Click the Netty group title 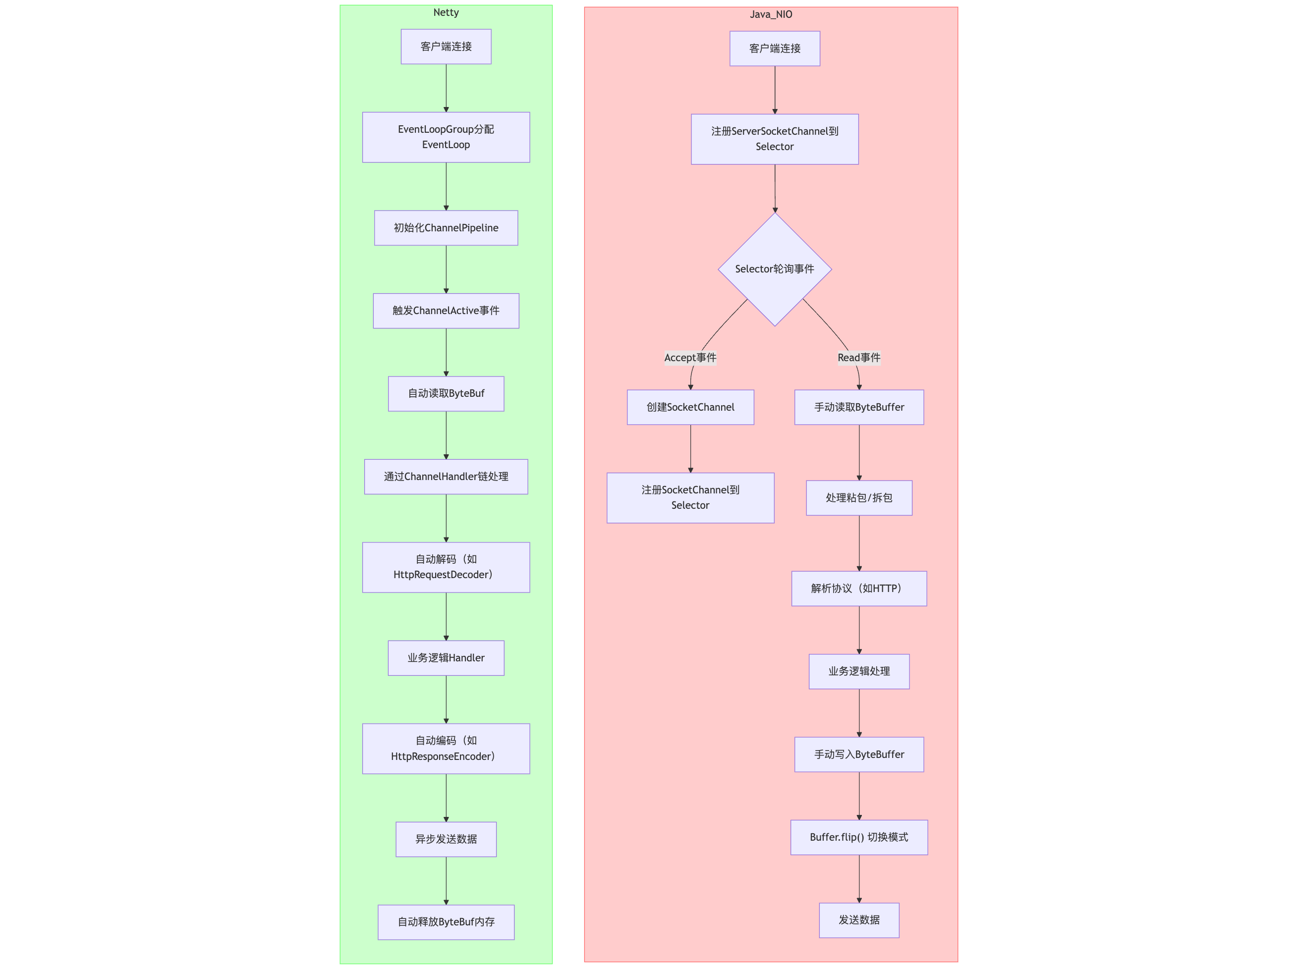(446, 12)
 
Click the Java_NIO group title (771, 14)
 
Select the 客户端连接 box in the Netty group (446, 47)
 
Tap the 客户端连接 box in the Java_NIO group (774, 48)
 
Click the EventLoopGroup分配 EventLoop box (446, 137)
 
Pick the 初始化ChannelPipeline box (446, 227)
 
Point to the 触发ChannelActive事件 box (446, 310)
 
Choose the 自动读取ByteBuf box (446, 393)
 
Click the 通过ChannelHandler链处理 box (446, 476)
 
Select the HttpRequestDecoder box (446, 567)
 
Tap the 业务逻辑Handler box (446, 657)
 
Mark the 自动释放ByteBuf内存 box (446, 921)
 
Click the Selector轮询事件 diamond (774, 269)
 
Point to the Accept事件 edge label (690, 357)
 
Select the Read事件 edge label (858, 357)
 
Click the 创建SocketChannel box (690, 407)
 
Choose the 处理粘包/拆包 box (858, 497)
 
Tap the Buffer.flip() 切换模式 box (858, 837)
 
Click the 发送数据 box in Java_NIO (858, 920)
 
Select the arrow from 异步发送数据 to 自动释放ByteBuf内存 (446, 880)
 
